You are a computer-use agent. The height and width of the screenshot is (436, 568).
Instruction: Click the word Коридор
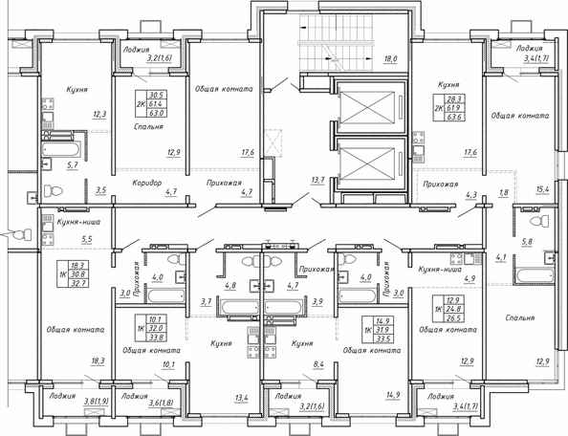tap(142, 181)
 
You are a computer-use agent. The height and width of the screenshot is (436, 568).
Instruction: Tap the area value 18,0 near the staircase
tap(389, 58)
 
